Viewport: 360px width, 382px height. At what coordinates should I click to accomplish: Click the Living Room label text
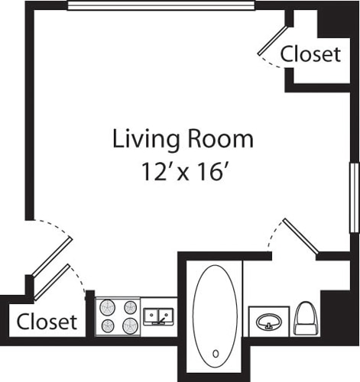(183, 139)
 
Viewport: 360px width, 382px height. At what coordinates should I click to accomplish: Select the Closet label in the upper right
(310, 54)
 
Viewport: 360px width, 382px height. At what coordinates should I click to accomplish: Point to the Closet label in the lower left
(47, 322)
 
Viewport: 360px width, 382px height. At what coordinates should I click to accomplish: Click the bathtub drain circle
(216, 354)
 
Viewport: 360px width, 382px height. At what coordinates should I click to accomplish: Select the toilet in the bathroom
(306, 318)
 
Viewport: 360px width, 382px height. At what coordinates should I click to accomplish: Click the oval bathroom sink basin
(269, 322)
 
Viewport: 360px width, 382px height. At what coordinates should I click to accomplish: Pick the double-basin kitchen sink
(158, 316)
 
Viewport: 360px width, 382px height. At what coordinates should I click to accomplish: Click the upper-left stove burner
(108, 307)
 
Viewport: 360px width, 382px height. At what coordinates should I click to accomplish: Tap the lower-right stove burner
(130, 326)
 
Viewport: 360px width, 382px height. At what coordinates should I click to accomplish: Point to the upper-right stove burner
(130, 307)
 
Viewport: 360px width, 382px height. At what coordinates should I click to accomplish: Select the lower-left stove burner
(108, 326)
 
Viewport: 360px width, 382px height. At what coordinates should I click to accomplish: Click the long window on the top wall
(161, 5)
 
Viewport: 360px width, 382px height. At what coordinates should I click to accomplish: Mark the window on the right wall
(354, 198)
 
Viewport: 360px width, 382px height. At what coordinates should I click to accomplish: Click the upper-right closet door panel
(272, 40)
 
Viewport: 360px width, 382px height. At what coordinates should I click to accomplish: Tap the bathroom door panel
(300, 236)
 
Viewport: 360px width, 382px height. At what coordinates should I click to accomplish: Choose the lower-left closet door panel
(52, 282)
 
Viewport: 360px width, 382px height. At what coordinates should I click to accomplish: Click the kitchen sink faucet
(161, 321)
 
